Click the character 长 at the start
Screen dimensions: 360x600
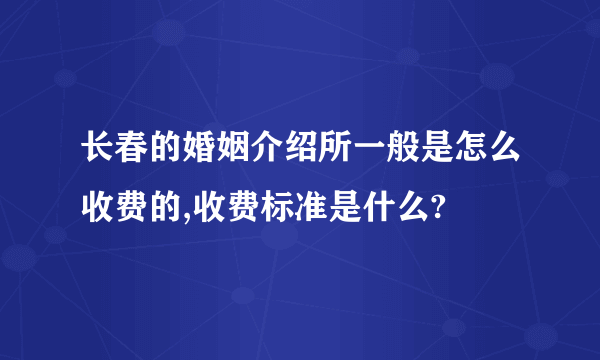(x=98, y=151)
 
